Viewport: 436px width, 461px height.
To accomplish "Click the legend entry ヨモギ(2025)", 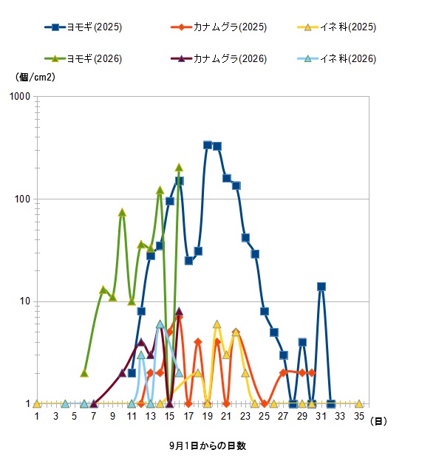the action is (x=84, y=27).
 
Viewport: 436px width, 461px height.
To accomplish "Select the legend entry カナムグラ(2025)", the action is (x=219, y=27).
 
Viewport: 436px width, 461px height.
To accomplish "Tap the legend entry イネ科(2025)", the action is (x=337, y=27).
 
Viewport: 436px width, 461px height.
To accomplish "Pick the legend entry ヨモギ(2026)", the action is (x=84, y=59).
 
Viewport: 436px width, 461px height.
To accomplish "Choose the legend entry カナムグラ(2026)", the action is (x=219, y=59).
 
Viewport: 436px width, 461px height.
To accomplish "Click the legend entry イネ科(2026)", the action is (x=337, y=59).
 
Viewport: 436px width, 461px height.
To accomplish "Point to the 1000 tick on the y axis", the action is (x=20, y=96).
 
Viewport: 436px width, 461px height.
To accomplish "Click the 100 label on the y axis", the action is (x=23, y=199).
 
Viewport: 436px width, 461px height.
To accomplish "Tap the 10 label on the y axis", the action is (x=25, y=301).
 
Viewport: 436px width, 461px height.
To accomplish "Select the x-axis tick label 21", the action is (x=226, y=416).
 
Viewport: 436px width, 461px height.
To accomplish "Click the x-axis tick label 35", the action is (x=359, y=416).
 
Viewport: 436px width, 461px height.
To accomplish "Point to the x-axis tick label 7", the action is (x=94, y=416).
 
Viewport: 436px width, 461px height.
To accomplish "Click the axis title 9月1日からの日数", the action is (x=208, y=445).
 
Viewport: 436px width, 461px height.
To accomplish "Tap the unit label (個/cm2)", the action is (x=35, y=77).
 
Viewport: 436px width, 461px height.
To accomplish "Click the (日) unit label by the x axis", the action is (x=378, y=421).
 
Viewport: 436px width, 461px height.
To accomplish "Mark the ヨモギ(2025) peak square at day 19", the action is (x=208, y=145).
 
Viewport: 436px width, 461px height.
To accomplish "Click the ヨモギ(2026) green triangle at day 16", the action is (x=179, y=168).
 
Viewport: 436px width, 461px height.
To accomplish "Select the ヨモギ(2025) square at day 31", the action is (x=321, y=287).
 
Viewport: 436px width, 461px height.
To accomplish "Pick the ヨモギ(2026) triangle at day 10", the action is (x=123, y=213).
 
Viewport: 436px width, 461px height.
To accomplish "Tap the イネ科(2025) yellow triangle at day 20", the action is (x=217, y=324).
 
